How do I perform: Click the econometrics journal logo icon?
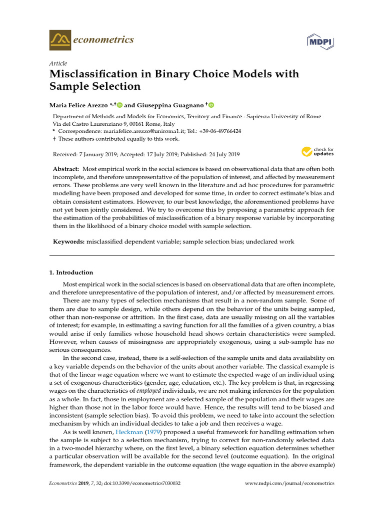tap(60, 39)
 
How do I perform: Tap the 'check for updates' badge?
tap(318, 152)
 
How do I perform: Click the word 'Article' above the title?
tap(58, 64)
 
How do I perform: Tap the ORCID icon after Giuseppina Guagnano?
tap(211, 105)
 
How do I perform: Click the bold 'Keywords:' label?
tap(69, 242)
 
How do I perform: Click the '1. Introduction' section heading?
tap(71, 272)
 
